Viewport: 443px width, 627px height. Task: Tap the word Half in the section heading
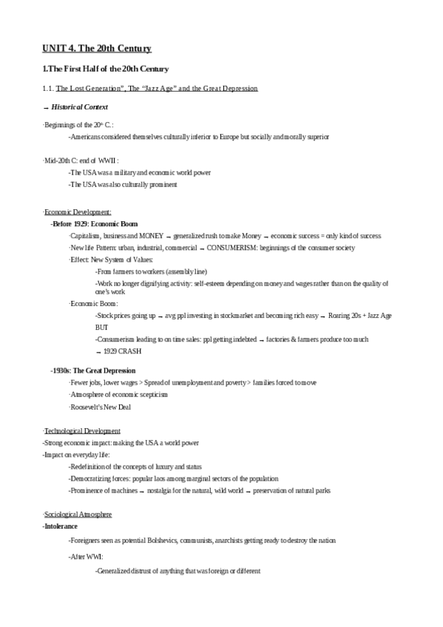95,70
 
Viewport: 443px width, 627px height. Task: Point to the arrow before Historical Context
46,108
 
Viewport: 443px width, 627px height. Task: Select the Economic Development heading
78,212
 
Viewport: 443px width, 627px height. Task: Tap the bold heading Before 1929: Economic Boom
94,224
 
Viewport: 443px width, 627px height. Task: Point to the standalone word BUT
102,327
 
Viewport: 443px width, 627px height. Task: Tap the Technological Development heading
82,430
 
